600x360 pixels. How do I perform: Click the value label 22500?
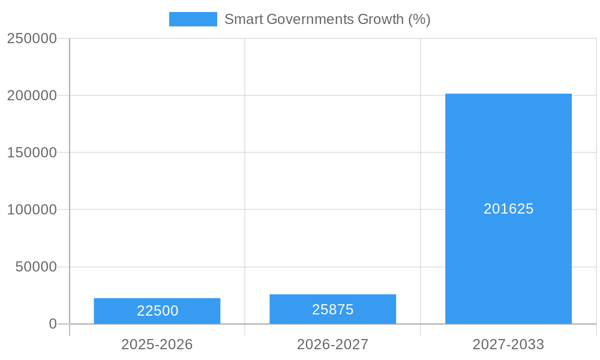click(157, 311)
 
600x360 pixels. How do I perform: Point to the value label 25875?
click(332, 310)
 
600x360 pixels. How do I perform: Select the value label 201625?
click(508, 209)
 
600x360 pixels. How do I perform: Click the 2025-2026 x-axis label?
click(157, 344)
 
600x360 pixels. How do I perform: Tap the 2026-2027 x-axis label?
click(332, 344)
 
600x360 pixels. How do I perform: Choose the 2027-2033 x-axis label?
click(508, 344)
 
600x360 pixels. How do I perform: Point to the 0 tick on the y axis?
click(52, 324)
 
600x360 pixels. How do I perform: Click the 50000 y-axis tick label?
click(35, 267)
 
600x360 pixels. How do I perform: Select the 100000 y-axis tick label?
click(32, 210)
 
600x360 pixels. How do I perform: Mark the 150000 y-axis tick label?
click(32, 152)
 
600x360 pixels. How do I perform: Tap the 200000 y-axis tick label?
click(32, 95)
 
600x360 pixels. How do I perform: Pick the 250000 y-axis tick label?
click(32, 38)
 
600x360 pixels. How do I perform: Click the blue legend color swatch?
click(193, 19)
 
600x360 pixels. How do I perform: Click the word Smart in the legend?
click(243, 19)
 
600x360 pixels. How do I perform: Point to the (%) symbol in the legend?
click(419, 19)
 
